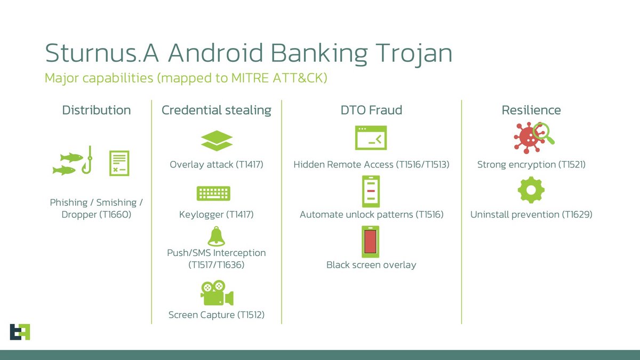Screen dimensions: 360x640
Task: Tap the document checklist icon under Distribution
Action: pyautogui.click(x=119, y=163)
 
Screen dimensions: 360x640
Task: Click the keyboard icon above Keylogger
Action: pyautogui.click(x=213, y=193)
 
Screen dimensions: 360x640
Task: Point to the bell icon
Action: pyautogui.click(x=216, y=236)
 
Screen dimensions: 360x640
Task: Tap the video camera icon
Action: pyautogui.click(x=217, y=293)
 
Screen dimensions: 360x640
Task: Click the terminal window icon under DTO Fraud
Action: pyautogui.click(x=371, y=138)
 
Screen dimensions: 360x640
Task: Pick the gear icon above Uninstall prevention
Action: pyautogui.click(x=531, y=190)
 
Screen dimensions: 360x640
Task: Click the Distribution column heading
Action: pyautogui.click(x=97, y=110)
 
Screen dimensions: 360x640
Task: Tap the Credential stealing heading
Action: pyautogui.click(x=216, y=110)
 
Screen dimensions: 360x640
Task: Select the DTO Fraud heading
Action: pyautogui.click(x=371, y=110)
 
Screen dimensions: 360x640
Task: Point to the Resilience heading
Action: pyautogui.click(x=531, y=110)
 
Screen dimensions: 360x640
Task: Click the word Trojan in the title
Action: pyautogui.click(x=411, y=54)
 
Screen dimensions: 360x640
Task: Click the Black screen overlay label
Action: pyautogui.click(x=371, y=265)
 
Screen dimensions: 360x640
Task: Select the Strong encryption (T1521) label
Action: pyautogui.click(x=531, y=165)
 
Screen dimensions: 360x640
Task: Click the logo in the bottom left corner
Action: pyautogui.click(x=20, y=331)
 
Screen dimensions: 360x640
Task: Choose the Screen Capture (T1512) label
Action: pyautogui.click(x=217, y=315)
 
